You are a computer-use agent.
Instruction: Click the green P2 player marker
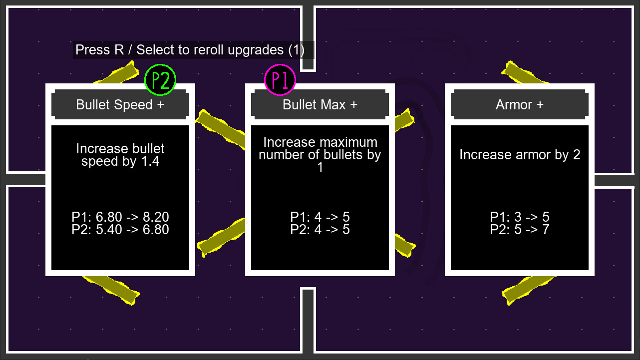tap(160, 80)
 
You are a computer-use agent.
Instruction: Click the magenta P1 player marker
tap(280, 80)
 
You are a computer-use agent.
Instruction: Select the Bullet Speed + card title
tap(120, 104)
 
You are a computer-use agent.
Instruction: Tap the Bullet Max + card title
tap(320, 104)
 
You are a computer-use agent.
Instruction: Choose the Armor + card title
tap(519, 104)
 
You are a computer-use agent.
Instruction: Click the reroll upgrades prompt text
tap(190, 50)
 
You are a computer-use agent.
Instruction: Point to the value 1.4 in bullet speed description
tap(151, 161)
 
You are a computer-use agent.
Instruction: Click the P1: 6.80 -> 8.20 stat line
tap(120, 217)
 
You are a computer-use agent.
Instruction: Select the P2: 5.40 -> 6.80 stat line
tap(120, 229)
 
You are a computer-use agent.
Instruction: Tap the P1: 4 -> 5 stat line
tap(320, 217)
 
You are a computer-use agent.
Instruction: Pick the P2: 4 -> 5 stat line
tap(320, 229)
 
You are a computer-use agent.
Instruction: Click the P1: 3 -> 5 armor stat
tap(519, 217)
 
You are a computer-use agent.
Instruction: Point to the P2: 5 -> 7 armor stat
tap(519, 229)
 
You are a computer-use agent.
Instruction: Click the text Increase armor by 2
tap(520, 155)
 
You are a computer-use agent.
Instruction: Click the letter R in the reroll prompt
tap(119, 50)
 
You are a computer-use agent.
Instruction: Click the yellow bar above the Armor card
tap(525, 72)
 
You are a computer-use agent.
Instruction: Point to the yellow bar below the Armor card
tap(529, 290)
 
